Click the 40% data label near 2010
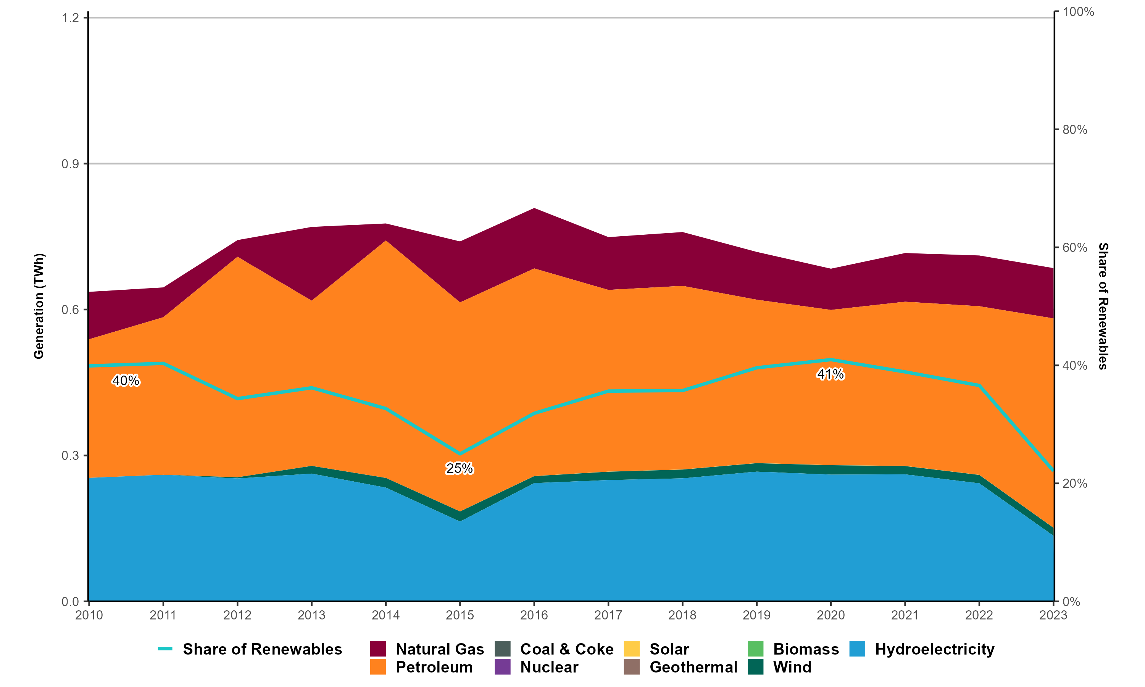click(x=126, y=381)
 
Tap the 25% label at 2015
click(x=460, y=468)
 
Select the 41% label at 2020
click(x=831, y=374)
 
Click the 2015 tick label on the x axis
click(x=460, y=615)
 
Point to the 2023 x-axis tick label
click(x=1053, y=615)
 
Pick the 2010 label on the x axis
click(x=89, y=615)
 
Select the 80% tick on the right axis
click(x=1075, y=130)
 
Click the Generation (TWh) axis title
click(x=39, y=306)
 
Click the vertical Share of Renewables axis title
click(x=1103, y=306)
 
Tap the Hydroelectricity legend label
click(x=934, y=649)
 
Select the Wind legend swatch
click(x=755, y=667)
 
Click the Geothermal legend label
click(x=693, y=667)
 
